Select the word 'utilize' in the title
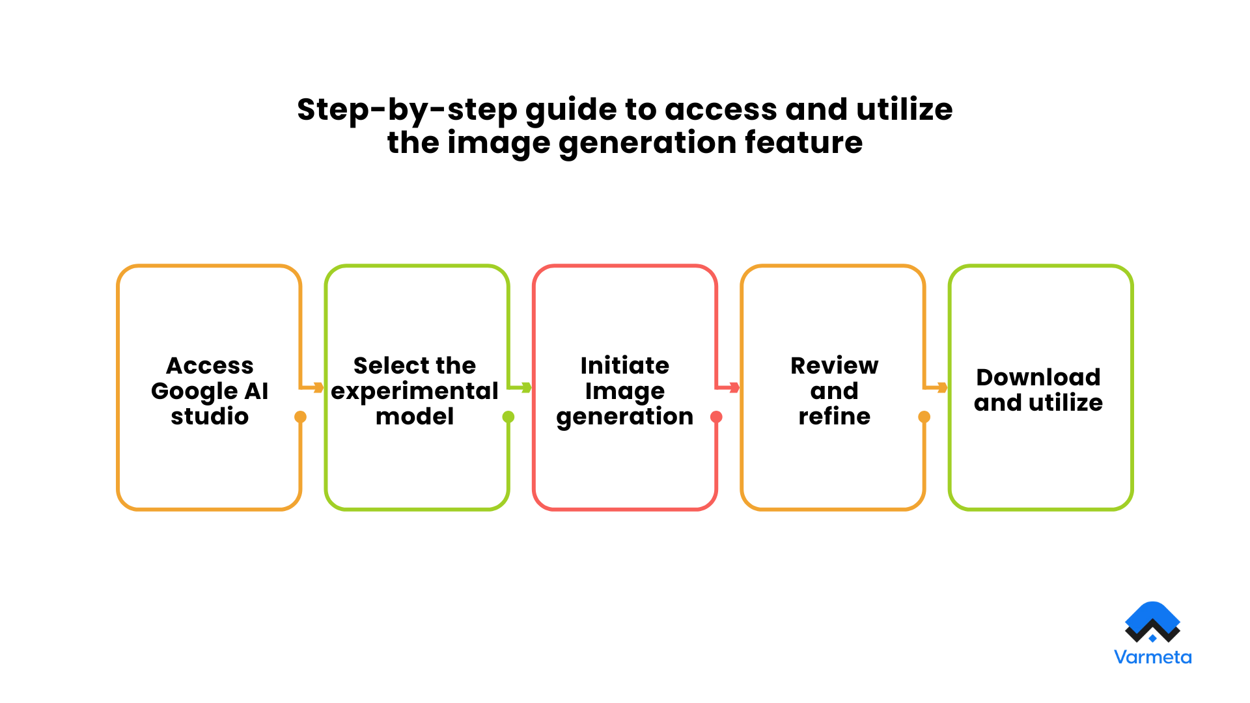904,109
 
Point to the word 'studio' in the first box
210,417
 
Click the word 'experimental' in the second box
415,391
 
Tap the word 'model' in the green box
415,417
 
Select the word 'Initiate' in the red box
624,365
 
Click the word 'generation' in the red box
624,417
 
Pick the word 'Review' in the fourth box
834,365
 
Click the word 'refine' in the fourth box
834,417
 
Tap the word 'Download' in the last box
1038,378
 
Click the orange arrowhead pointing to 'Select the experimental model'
318,388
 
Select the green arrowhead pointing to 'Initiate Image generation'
526,388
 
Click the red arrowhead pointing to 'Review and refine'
734,388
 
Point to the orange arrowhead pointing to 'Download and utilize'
942,388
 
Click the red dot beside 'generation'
716,417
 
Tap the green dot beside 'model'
508,417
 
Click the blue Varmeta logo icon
1152,622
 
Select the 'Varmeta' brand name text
1152,657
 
